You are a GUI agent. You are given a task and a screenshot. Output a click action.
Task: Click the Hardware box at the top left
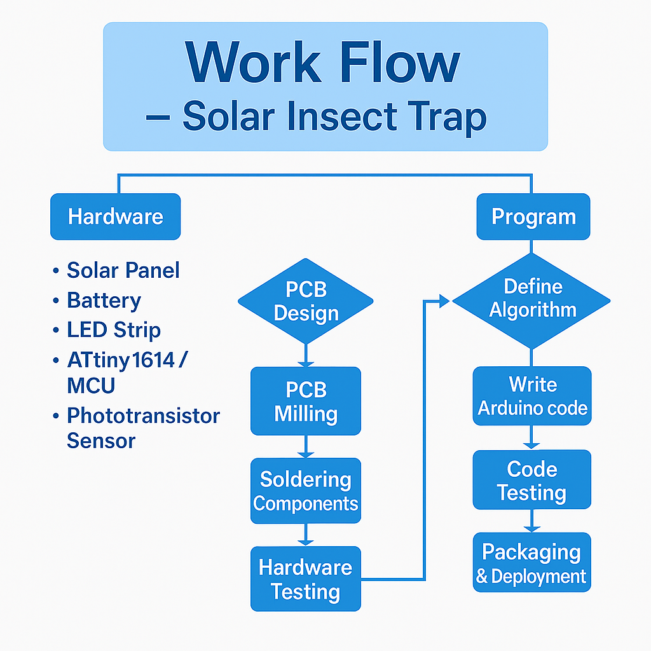click(116, 216)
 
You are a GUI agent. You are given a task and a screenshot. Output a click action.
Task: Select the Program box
click(533, 216)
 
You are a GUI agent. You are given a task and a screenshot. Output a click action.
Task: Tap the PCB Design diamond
click(306, 301)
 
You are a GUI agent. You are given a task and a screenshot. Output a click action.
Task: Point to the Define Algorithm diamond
click(531, 301)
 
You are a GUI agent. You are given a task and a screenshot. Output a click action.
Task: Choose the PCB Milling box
click(306, 401)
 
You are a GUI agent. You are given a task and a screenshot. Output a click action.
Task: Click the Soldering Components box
click(306, 491)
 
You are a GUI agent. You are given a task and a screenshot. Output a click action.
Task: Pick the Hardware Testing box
click(306, 579)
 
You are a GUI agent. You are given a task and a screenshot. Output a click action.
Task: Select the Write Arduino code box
click(532, 395)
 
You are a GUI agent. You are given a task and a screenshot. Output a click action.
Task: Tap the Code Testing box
click(532, 479)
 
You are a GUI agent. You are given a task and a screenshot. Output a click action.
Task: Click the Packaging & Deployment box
click(532, 562)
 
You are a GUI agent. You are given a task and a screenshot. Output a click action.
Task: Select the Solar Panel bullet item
click(123, 270)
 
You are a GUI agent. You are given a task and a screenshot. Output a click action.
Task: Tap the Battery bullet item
click(104, 301)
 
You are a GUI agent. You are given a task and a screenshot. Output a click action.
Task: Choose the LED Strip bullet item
click(113, 330)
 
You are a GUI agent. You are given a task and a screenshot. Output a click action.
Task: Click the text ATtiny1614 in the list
click(121, 360)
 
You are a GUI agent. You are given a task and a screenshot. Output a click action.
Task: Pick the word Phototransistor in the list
click(143, 416)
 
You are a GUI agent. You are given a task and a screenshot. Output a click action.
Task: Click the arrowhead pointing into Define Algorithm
click(444, 301)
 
